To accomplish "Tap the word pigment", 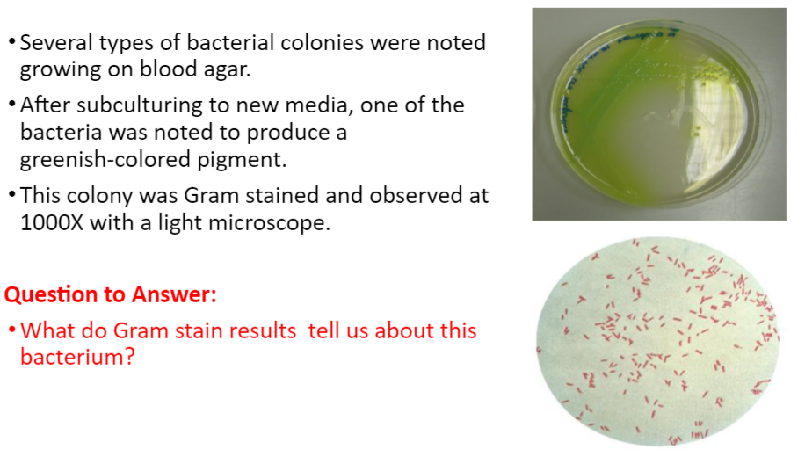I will [x=269, y=161].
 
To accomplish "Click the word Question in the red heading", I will [x=52, y=294].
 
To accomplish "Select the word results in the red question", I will [x=265, y=331].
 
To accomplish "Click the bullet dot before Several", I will [x=11, y=42].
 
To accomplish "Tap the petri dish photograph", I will [x=658, y=114].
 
